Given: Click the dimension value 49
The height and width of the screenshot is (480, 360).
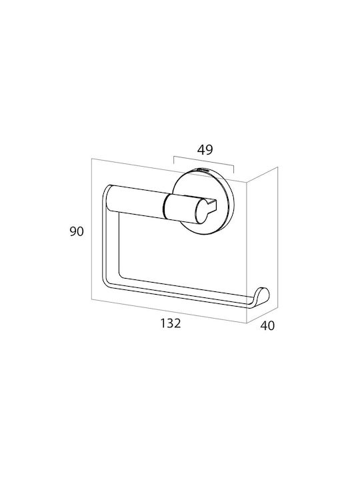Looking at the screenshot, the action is pyautogui.click(x=205, y=150).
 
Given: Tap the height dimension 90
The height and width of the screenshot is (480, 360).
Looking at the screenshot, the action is pyautogui.click(x=77, y=231).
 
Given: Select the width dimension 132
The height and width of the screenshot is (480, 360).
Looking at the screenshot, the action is pyautogui.click(x=171, y=323).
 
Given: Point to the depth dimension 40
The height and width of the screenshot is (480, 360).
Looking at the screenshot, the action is pyautogui.click(x=267, y=326).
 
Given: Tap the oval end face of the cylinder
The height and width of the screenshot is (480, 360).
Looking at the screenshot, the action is pyautogui.click(x=202, y=211).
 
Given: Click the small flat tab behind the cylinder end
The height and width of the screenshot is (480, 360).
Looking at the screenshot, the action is pyautogui.click(x=213, y=205).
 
